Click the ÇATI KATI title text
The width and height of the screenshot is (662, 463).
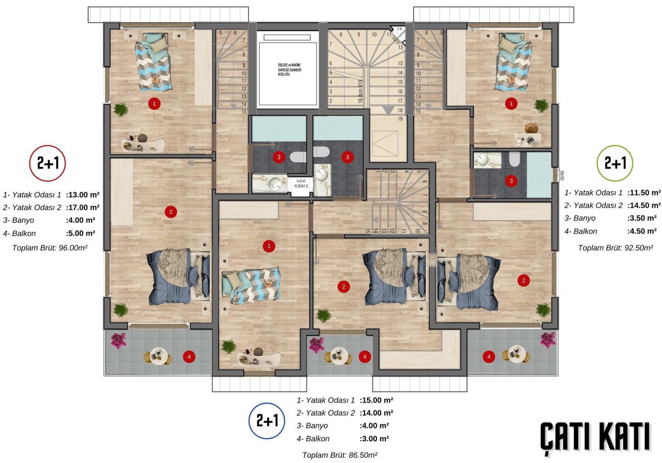tap(595, 436)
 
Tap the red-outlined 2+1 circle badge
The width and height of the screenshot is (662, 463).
tap(48, 163)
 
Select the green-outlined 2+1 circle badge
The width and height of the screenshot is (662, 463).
tap(615, 163)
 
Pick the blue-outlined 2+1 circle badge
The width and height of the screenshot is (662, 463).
tap(267, 421)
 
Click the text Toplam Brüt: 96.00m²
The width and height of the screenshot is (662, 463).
tap(50, 248)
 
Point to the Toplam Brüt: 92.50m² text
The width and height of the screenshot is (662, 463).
tap(615, 248)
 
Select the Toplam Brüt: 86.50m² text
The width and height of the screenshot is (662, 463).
tap(340, 455)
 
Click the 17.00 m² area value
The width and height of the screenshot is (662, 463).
tap(83, 207)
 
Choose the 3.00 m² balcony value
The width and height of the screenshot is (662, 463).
tap(374, 439)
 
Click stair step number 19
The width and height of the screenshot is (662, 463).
tap(400, 119)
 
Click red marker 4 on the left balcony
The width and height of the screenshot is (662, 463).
tap(189, 356)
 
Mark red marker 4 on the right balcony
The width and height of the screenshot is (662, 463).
tap(488, 356)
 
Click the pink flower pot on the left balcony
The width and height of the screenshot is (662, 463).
tap(118, 340)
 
